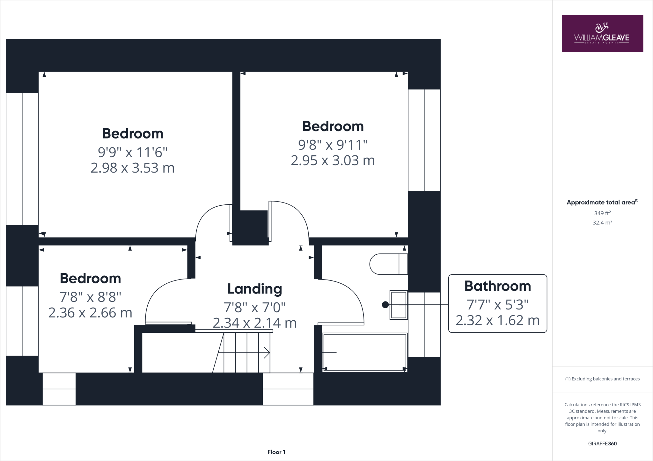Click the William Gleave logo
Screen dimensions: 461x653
[602, 33]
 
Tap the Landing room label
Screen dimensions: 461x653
[255, 289]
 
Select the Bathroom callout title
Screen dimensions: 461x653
[497, 286]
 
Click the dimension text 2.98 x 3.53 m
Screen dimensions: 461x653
[133, 168]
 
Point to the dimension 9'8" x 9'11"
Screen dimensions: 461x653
[333, 145]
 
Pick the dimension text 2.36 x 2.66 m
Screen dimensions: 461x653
[90, 313]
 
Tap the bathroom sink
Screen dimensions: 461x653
[398, 305]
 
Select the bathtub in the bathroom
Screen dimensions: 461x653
[365, 352]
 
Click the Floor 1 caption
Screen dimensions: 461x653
[276, 452]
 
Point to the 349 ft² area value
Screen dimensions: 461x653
[602, 213]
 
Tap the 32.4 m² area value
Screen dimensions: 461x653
[602, 223]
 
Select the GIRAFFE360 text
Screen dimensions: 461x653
[602, 443]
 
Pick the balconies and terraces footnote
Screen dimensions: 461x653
[602, 379]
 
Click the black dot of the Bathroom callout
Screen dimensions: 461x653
[385, 305]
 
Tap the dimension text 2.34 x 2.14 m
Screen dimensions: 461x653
[255, 323]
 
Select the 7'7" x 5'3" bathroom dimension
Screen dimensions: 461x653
[497, 305]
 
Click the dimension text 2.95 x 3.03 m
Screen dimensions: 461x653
[333, 160]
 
